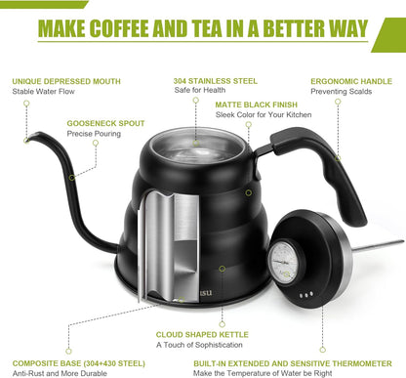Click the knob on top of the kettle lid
point(196,134)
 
